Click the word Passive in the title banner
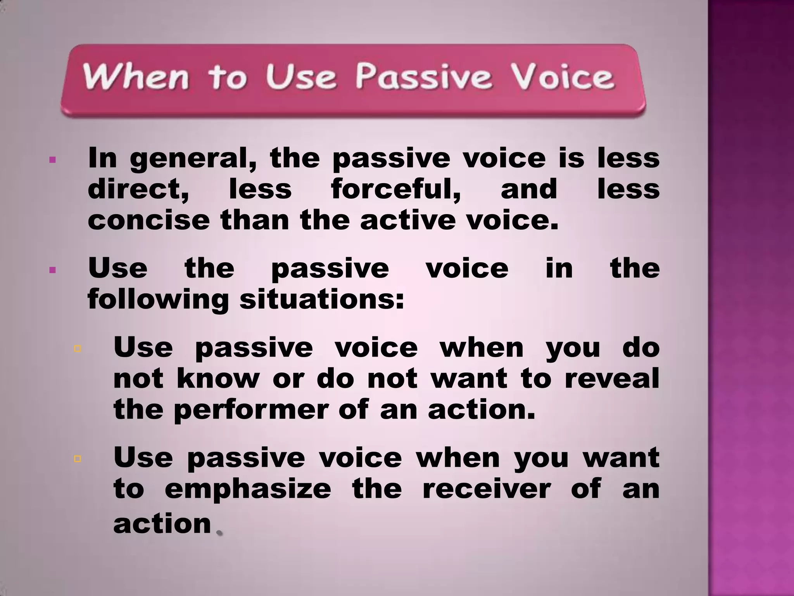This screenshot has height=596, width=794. click(424, 77)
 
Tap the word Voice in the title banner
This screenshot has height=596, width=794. click(562, 77)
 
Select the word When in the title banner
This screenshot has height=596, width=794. click(136, 77)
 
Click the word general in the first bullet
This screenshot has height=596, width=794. click(193, 159)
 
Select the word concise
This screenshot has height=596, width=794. click(149, 220)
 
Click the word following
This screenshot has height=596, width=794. click(158, 300)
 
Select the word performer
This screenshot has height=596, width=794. click(251, 411)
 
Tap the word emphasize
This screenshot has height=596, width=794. click(248, 489)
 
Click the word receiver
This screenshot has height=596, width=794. click(486, 489)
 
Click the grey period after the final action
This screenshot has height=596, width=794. click(219, 533)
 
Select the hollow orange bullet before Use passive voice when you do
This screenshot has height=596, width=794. click(77, 348)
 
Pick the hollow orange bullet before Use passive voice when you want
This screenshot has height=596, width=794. click(77, 459)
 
